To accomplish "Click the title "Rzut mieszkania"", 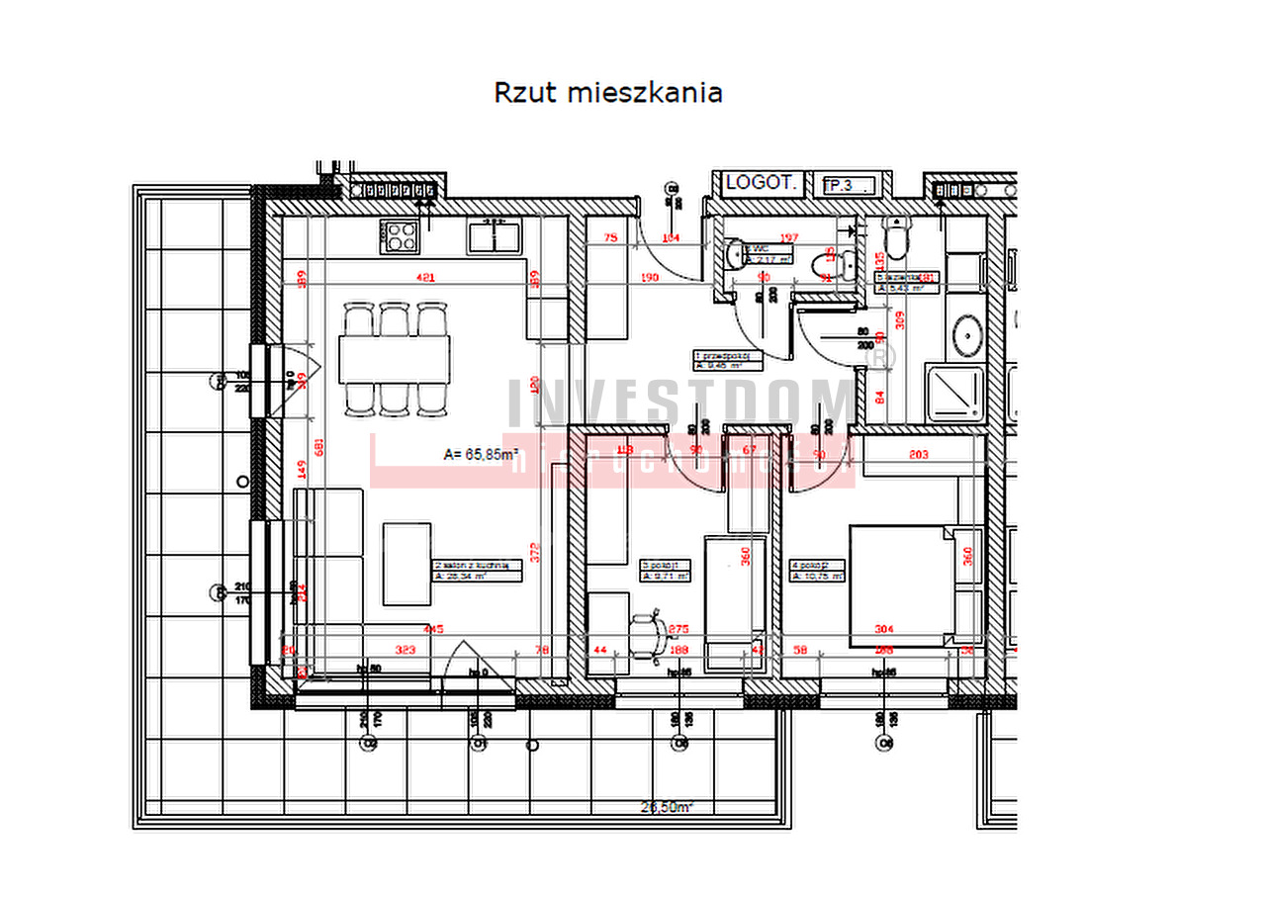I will (x=607, y=93).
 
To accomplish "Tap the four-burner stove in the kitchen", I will (x=400, y=236).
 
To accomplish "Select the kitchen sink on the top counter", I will (x=494, y=237).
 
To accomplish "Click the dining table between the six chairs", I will (x=394, y=358).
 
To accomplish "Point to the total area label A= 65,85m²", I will (x=482, y=455).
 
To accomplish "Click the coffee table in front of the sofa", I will (x=407, y=564).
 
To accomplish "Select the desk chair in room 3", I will (x=648, y=633).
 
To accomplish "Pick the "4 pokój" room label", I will (x=817, y=571).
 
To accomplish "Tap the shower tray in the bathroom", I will (x=953, y=394).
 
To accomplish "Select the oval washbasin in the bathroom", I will (x=966, y=337).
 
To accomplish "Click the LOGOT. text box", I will (x=761, y=183).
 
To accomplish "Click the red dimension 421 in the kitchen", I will (x=426, y=279).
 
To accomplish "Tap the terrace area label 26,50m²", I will (x=667, y=807).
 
